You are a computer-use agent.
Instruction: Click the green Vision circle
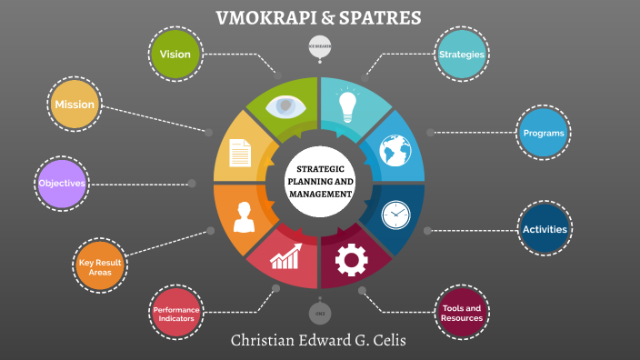175,54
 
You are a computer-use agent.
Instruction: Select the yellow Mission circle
74,105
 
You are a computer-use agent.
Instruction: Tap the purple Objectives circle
61,183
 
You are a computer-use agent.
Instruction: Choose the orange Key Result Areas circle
100,266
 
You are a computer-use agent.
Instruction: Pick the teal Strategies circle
462,55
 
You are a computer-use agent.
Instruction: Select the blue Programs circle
544,133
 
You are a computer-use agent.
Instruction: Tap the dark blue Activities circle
544,229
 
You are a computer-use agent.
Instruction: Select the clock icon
395,215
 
